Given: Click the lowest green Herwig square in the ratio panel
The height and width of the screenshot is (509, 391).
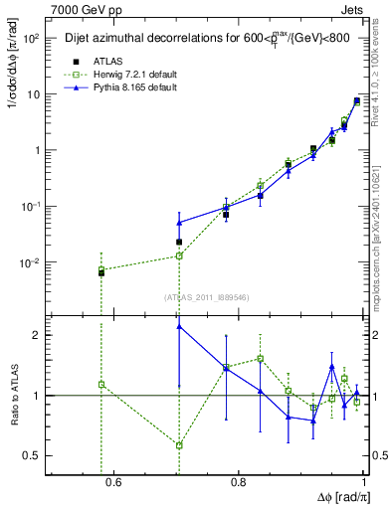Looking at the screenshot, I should (x=179, y=445).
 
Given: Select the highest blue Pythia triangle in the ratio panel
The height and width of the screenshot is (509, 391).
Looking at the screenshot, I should (x=179, y=325).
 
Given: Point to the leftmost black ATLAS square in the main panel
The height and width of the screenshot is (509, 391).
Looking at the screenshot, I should (x=101, y=271).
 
